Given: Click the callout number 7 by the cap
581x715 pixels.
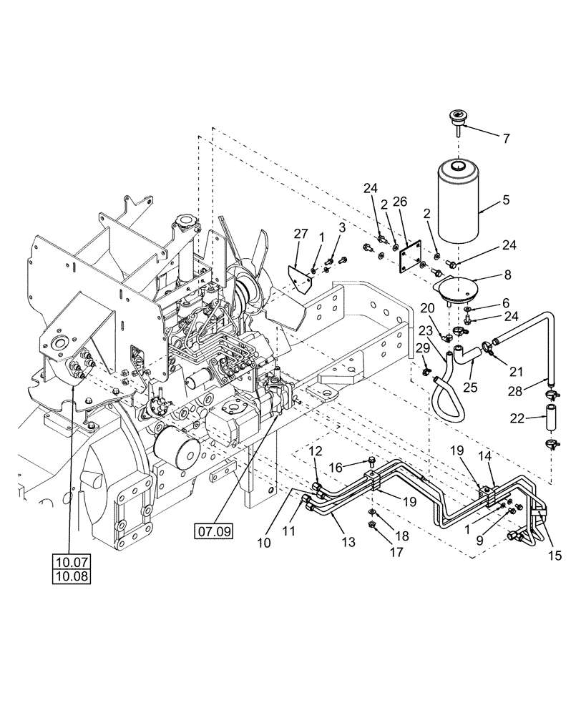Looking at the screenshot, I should pos(506,139).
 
